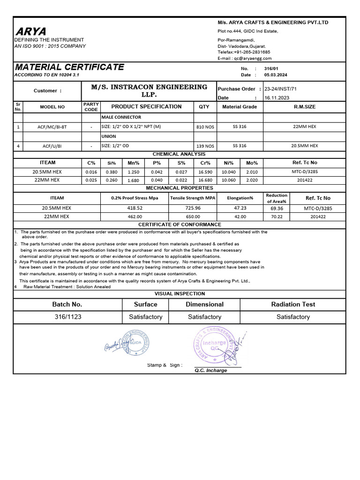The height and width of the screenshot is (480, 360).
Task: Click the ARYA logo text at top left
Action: [31, 31]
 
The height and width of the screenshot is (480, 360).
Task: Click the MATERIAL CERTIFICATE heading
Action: [69, 67]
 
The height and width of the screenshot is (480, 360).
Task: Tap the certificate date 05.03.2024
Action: [276, 75]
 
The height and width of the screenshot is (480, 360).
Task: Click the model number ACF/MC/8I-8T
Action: [52, 127]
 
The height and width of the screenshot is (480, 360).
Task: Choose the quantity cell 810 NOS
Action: [204, 127]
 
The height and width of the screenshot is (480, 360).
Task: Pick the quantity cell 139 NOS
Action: [204, 146]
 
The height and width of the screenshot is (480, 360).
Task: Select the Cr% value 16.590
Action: [205, 172]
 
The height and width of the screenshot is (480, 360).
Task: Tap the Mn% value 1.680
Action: [134, 180]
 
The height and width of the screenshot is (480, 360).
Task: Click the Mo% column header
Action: [252, 163]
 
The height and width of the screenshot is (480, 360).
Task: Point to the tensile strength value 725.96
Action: [193, 208]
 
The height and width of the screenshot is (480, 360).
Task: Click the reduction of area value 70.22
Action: [277, 217]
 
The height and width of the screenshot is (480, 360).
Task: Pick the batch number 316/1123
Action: [68, 317]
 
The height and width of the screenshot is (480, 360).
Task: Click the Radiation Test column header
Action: [293, 304]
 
